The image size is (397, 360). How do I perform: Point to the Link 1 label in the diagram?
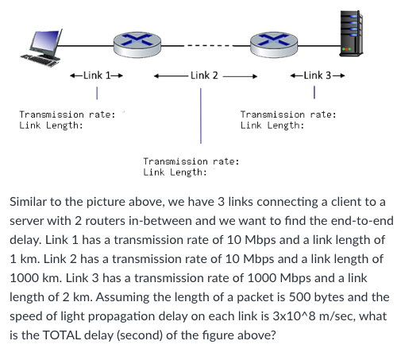pos(96,75)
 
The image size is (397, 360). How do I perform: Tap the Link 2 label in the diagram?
pos(204,75)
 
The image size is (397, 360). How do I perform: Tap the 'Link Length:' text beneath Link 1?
pos(51,126)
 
